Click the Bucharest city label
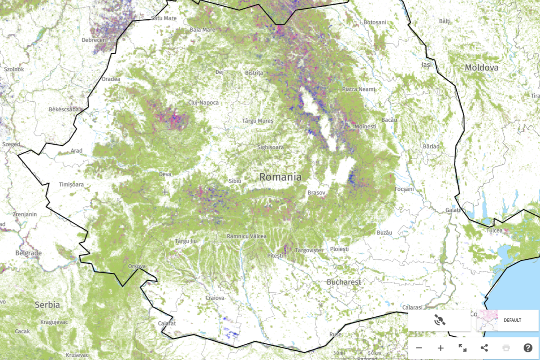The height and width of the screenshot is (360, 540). coord(344,282)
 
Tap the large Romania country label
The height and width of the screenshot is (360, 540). coord(280,177)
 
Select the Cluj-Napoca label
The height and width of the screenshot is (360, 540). coord(203,102)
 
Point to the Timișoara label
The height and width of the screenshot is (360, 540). coord(71,184)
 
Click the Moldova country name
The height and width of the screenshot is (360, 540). coord(481,67)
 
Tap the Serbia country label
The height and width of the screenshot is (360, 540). coord(47,305)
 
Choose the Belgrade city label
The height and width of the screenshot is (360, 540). coord(28,253)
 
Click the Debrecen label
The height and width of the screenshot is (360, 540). coord(94,40)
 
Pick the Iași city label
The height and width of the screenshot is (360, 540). coord(427,65)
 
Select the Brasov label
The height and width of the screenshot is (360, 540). coord(316,192)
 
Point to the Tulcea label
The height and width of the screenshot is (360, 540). coord(494,230)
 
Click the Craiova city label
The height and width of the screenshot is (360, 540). coord(215,298)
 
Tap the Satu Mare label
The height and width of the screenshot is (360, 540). coord(164,18)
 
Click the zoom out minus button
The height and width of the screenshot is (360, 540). coord(419,348)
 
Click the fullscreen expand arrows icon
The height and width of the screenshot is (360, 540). coord(462,348)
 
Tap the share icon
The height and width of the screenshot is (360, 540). coord(484,348)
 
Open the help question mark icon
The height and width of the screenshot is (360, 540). coord(528,348)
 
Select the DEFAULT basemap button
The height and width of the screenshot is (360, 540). coord(507,320)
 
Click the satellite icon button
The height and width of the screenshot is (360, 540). coord(439,320)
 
